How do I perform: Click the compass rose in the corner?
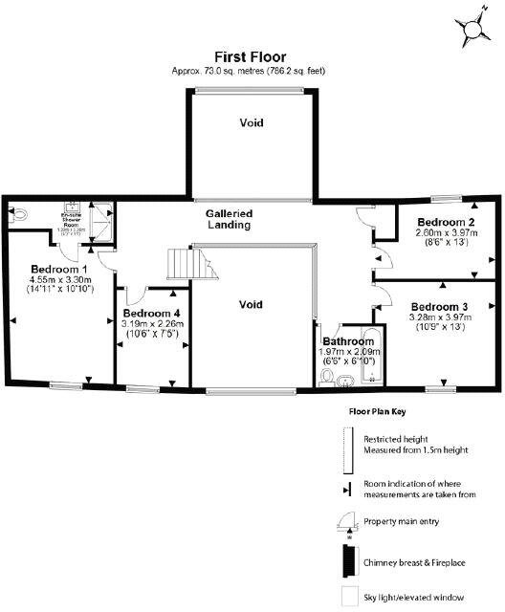pos(472,31)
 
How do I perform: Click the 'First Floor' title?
pos(251,56)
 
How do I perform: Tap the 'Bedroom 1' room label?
pos(59,269)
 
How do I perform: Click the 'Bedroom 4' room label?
pos(152,314)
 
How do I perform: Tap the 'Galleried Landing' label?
pos(229,219)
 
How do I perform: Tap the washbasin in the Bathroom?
pos(346,382)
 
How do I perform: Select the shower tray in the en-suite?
pos(105,217)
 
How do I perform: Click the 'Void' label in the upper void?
pos(251,122)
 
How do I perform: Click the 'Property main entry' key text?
pos(404,522)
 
